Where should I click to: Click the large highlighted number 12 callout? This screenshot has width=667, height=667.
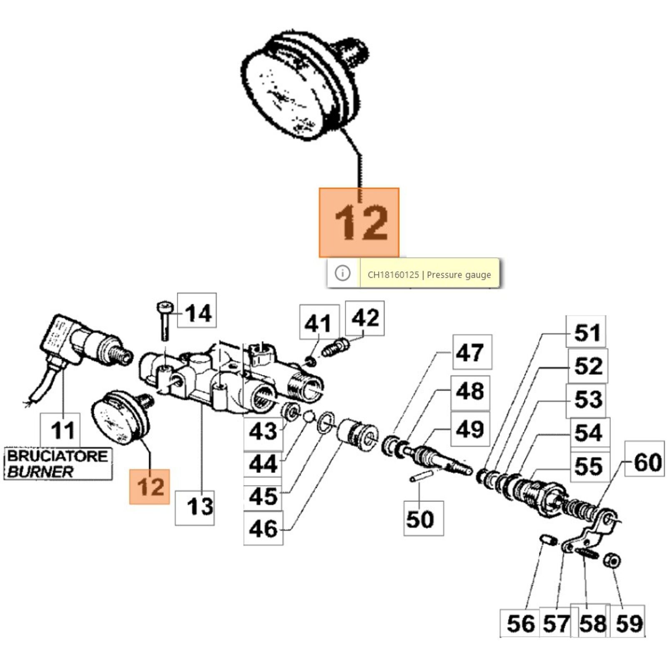[359, 223]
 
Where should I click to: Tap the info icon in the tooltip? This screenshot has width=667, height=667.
[343, 273]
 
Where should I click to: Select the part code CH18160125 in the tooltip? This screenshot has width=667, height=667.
[393, 275]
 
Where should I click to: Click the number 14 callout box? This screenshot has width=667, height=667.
[197, 311]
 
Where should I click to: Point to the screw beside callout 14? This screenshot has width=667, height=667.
[165, 321]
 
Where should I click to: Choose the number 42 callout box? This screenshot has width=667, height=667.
[365, 318]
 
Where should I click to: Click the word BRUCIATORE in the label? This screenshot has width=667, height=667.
[57, 456]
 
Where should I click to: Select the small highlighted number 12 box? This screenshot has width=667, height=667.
[150, 486]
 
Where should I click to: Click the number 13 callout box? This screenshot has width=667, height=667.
[195, 507]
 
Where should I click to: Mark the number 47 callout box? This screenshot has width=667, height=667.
[472, 352]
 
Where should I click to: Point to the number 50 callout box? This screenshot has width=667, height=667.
[424, 519]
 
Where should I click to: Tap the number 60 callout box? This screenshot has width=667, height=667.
[644, 462]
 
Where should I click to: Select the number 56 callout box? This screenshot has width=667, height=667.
[520, 624]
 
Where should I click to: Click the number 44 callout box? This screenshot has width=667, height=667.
[263, 463]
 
